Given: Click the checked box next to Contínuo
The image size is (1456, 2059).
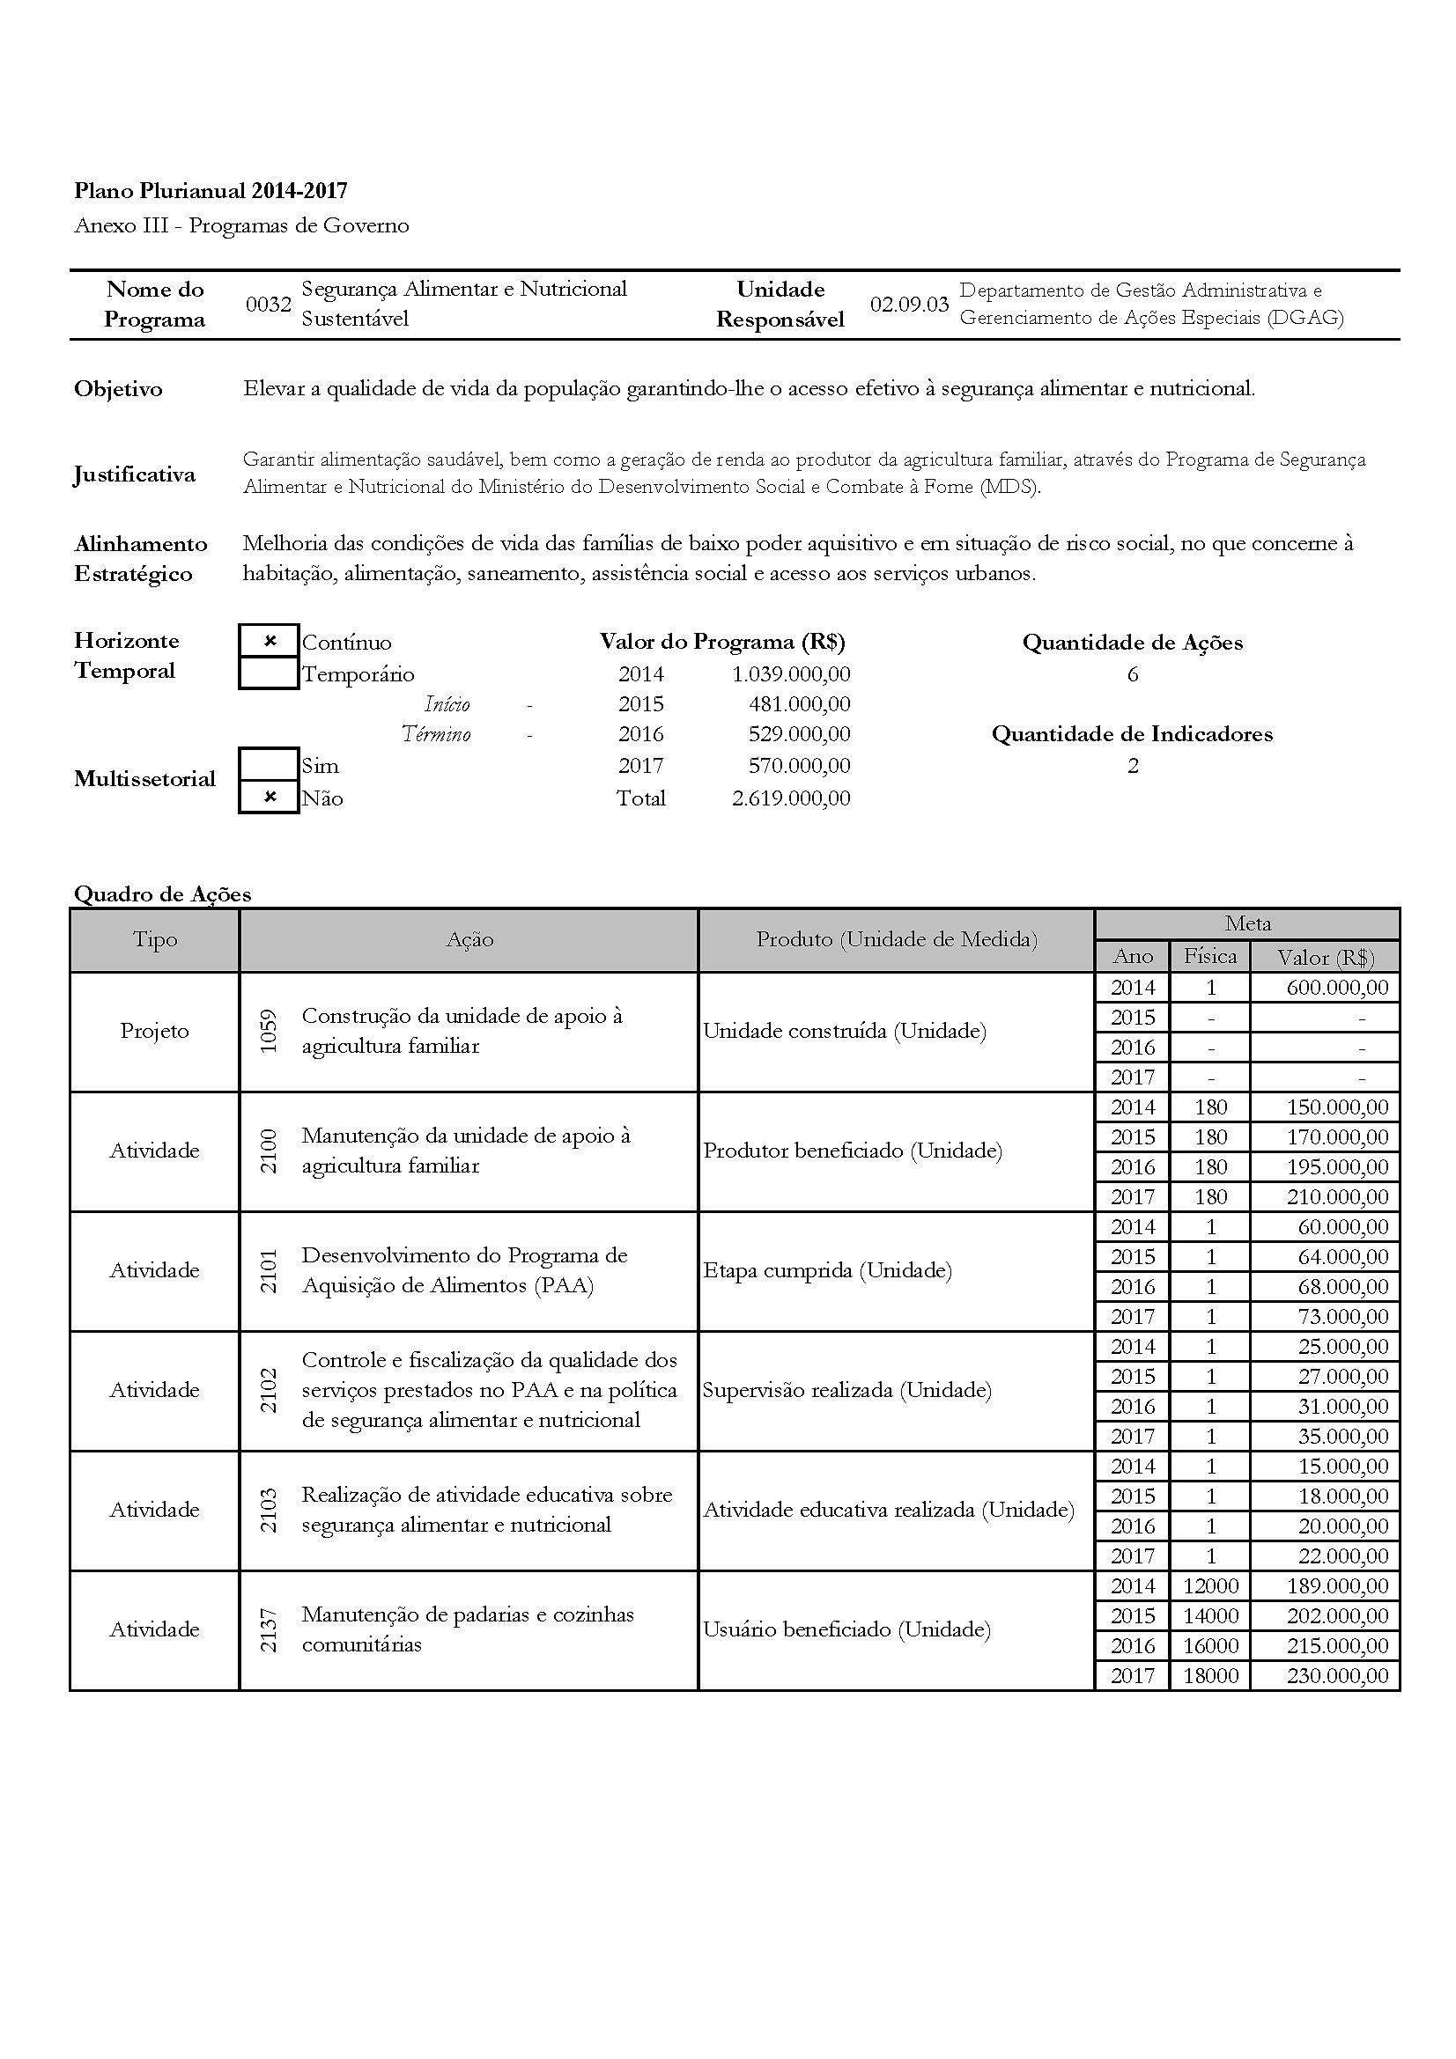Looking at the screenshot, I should [270, 641].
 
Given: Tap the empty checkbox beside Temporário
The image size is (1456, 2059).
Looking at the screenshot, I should [270, 673].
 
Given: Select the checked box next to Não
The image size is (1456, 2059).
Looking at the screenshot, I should [270, 798].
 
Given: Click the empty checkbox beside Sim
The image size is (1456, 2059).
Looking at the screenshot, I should [270, 765].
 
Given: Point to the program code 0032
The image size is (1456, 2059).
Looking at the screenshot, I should [269, 304].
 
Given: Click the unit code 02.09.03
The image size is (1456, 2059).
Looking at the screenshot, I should [909, 304].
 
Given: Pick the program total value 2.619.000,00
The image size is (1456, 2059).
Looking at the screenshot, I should [790, 798].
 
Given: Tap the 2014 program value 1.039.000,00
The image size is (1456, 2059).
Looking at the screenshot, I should [790, 673].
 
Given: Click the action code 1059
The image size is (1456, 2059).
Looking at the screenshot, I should [269, 1032].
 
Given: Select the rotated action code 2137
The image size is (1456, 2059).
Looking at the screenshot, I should [269, 1629].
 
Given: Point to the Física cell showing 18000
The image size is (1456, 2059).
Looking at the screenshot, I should [1210, 1675].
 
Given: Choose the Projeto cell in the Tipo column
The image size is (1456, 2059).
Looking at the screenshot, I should [154, 1032].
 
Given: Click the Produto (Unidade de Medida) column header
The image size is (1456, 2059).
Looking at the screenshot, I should [896, 939].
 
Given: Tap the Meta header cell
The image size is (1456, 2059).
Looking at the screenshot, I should [1247, 923].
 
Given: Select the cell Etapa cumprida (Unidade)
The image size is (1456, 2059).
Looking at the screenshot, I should [827, 1270].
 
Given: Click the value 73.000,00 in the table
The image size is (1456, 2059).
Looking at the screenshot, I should [1342, 1316].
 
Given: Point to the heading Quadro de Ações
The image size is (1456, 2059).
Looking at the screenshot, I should [162, 893].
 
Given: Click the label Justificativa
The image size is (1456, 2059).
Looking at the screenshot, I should [135, 474].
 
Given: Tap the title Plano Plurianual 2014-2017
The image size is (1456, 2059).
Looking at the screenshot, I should [211, 190].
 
